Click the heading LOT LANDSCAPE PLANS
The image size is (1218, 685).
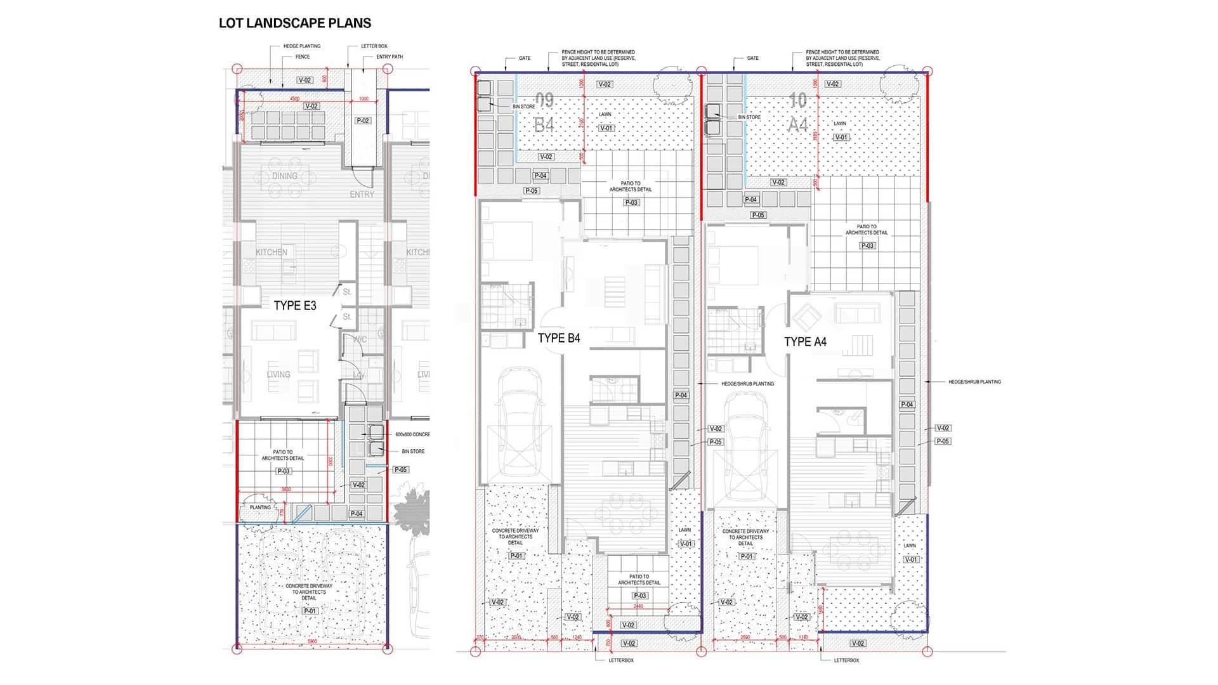(x=295, y=23)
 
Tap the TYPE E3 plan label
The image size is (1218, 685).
(x=295, y=306)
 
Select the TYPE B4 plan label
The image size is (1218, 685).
(x=559, y=338)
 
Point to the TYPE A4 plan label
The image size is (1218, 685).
(x=805, y=342)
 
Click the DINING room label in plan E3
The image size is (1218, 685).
(x=285, y=176)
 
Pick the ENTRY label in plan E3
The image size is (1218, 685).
(x=362, y=195)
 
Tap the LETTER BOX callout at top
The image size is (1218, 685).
(x=374, y=46)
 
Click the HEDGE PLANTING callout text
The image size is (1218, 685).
(x=302, y=46)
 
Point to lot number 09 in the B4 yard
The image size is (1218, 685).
(x=544, y=100)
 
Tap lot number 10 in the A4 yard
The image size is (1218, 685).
(x=797, y=100)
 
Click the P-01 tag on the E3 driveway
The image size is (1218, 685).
(x=310, y=611)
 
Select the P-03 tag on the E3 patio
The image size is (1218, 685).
(x=284, y=471)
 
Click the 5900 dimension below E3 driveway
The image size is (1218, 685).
(x=312, y=642)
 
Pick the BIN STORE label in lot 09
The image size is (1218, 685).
(x=523, y=107)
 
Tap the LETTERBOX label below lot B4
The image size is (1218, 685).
(x=621, y=660)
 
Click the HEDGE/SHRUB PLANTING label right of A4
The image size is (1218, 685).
(x=974, y=382)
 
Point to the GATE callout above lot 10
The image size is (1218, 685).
(x=752, y=58)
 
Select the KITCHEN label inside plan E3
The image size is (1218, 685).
(x=272, y=252)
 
